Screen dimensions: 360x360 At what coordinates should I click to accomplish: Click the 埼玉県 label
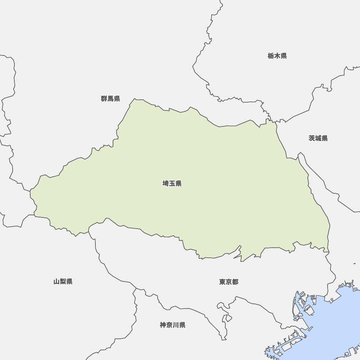click(x=172, y=184)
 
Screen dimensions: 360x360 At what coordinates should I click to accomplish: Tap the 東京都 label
click(x=229, y=282)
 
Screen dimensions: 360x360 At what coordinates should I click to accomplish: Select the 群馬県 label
click(x=111, y=99)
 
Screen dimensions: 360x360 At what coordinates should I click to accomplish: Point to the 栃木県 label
click(x=277, y=56)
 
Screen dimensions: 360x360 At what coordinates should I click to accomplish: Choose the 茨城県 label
click(x=318, y=138)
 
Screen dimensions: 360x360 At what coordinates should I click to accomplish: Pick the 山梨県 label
click(x=63, y=282)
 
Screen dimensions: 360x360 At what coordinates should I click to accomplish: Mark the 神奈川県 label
click(x=173, y=325)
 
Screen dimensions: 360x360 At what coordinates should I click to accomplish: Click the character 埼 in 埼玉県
click(x=166, y=184)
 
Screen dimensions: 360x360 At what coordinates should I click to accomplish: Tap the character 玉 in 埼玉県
click(x=172, y=184)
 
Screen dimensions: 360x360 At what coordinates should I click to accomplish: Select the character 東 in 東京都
click(x=222, y=282)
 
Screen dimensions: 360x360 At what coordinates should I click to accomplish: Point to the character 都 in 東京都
click(x=235, y=282)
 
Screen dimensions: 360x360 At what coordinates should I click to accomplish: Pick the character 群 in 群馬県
click(x=104, y=99)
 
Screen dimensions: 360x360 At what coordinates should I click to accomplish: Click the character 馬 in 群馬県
click(x=111, y=99)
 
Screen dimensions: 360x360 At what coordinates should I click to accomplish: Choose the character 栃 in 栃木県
click(x=271, y=56)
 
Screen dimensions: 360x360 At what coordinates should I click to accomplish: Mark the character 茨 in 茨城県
click(x=312, y=138)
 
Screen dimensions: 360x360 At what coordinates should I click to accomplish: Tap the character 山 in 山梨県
click(x=57, y=282)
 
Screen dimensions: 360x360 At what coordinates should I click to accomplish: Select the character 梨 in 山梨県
click(x=63, y=282)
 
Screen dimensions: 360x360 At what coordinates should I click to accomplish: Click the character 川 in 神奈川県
click(x=176, y=325)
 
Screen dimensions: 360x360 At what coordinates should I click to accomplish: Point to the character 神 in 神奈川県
click(x=163, y=325)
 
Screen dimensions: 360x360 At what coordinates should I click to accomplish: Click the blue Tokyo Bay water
click(x=331, y=324)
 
